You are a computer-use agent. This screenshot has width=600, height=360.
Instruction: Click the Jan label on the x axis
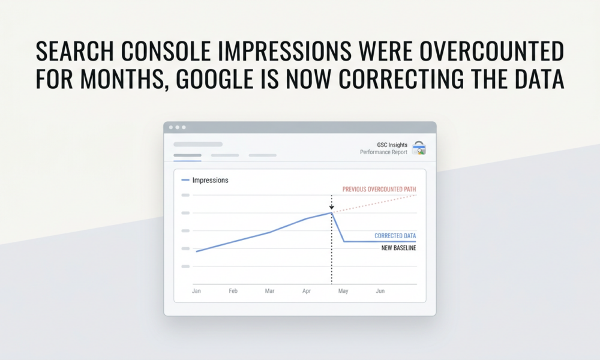point(196,291)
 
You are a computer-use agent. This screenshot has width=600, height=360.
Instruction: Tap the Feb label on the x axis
point(233,291)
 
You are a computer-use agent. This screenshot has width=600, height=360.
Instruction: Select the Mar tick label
point(269,291)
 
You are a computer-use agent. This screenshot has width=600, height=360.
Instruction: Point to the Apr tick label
point(307,291)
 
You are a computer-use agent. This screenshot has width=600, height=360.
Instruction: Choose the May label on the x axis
point(343,291)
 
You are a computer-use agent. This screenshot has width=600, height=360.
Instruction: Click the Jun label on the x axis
point(380,291)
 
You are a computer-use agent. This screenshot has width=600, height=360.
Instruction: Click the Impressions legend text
point(210,180)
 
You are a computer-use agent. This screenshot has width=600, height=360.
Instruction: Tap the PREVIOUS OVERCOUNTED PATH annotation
point(379,190)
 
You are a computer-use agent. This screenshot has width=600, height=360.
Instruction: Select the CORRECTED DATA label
point(395,236)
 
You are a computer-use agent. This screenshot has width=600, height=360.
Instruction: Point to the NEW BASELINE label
point(398,248)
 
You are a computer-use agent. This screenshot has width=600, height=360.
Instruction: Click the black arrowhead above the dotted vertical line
point(331,207)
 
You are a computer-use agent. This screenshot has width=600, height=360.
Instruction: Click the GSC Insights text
point(393,145)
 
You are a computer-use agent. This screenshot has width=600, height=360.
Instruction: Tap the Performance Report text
point(383,152)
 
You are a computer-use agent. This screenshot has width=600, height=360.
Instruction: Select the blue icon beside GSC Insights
point(419,148)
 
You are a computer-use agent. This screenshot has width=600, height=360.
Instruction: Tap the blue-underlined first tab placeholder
point(187,155)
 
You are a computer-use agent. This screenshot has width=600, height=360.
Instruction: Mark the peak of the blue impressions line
point(331,212)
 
